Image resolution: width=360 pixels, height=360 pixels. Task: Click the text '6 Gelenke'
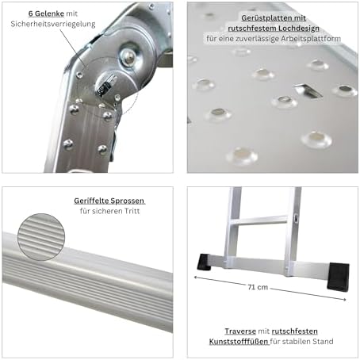(x=46, y=13)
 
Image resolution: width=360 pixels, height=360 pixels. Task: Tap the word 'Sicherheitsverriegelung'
(x=53, y=24)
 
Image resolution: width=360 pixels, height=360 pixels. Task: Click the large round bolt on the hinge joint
(x=128, y=56)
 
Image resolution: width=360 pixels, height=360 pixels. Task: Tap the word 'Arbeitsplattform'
(x=311, y=39)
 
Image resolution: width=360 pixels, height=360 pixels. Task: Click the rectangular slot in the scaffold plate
(x=308, y=90)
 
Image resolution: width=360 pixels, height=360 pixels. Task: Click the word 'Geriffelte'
(x=91, y=201)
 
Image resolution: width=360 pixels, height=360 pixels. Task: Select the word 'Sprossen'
(x=128, y=201)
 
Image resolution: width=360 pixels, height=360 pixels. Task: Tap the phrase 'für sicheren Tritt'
(x=109, y=211)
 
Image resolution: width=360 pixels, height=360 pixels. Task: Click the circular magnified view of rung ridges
(x=41, y=237)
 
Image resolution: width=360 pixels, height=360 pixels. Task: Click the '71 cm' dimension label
(x=258, y=287)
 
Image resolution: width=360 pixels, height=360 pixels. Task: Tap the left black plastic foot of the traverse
(x=204, y=262)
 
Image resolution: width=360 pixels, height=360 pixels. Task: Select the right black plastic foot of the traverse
(x=338, y=277)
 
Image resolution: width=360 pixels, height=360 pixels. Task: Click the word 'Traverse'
(x=240, y=331)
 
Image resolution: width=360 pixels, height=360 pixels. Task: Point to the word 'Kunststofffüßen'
(x=239, y=342)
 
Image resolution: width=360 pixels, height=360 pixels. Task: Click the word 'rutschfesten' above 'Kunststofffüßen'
(x=295, y=331)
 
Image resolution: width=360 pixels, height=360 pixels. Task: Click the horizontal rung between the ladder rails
(x=259, y=220)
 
